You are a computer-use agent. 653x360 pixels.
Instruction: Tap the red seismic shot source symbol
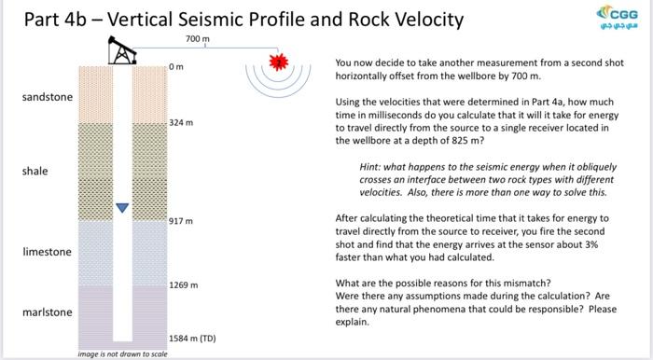click(276, 62)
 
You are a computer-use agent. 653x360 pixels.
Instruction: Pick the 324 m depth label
click(181, 123)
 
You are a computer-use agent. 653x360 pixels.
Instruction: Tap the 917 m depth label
click(181, 221)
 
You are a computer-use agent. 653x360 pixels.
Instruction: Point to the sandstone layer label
click(47, 97)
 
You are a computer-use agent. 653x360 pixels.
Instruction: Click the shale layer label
click(35, 172)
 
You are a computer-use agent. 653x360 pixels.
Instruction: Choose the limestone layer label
click(47, 252)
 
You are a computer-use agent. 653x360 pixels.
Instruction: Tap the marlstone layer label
click(47, 312)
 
